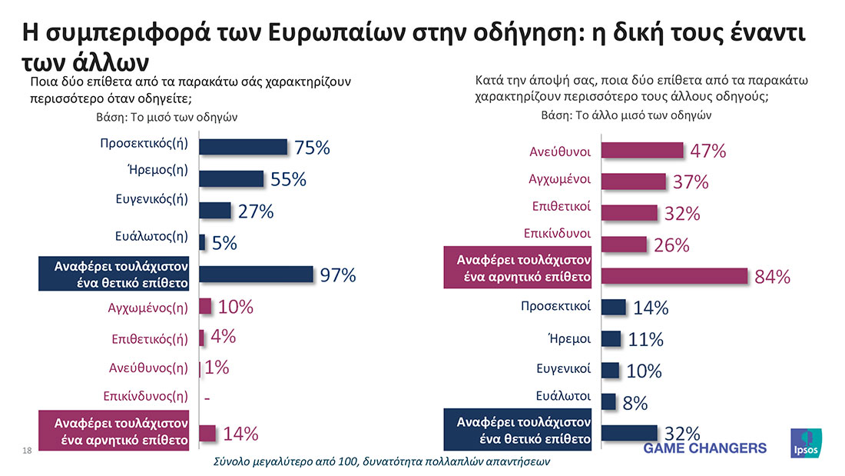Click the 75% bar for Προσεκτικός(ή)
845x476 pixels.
pyautogui.click(x=243, y=147)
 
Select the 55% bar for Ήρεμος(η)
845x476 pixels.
pyautogui.click(x=231, y=179)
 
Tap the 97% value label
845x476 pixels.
pyautogui.click(x=338, y=275)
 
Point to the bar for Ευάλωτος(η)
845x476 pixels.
pyautogui.click(x=202, y=242)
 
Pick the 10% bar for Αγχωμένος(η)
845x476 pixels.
pyautogui.click(x=205, y=306)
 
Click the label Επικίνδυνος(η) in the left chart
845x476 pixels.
pyautogui.click(x=146, y=397)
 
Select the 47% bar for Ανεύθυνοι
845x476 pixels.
pyautogui.click(x=642, y=150)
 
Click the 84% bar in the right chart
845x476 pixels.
pyautogui.click(x=674, y=276)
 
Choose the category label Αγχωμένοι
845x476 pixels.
pyautogui.click(x=559, y=179)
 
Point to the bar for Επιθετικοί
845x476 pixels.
pyautogui.click(x=629, y=213)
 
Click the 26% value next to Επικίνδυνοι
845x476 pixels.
pyautogui.click(x=671, y=245)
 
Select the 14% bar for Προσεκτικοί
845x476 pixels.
pyautogui.click(x=613, y=308)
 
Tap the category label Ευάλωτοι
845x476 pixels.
pyautogui.click(x=563, y=396)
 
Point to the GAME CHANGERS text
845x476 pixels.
pyautogui.click(x=704, y=448)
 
